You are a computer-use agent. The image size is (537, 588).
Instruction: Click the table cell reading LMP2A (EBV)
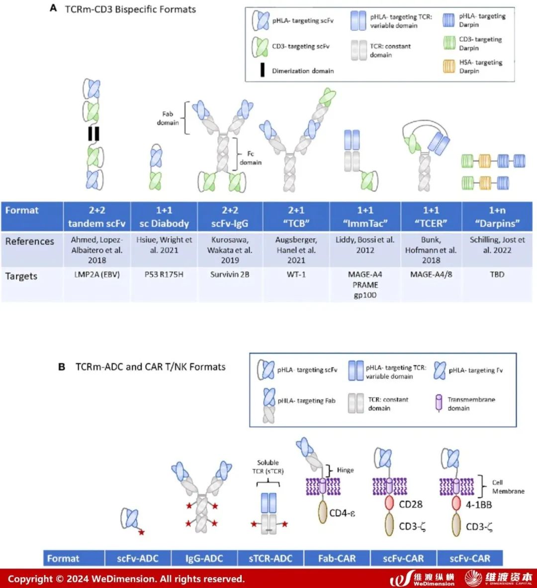coord(97,274)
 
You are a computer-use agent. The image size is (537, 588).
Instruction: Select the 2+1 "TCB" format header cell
coord(296,217)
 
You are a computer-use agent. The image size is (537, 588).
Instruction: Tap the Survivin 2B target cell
coord(229,274)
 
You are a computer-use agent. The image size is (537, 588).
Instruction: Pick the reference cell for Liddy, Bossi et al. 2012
coord(365,245)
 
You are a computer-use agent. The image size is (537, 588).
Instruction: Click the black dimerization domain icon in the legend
coord(262,71)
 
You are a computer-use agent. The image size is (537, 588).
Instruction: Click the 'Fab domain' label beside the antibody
coord(168,118)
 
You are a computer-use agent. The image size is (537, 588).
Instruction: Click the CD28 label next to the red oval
coord(411,504)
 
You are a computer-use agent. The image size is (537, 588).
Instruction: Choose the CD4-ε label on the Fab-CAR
coord(343,512)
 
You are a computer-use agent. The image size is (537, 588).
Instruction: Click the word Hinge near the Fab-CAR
coord(345,470)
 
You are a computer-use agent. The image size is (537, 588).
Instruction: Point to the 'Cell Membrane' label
coord(508,486)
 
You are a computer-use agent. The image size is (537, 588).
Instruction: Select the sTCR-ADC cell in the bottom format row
coord(270,558)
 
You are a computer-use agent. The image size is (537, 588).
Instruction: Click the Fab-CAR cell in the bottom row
coord(337,558)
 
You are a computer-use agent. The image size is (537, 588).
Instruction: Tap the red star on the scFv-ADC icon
coord(142,533)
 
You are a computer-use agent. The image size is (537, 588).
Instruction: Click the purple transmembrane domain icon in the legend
coord(439,403)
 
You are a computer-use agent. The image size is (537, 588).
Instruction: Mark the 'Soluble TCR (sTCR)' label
coord(268,467)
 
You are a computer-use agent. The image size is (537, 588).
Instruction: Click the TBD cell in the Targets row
coord(497,274)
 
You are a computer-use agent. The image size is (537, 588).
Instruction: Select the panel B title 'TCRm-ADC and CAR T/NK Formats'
coord(150,367)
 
